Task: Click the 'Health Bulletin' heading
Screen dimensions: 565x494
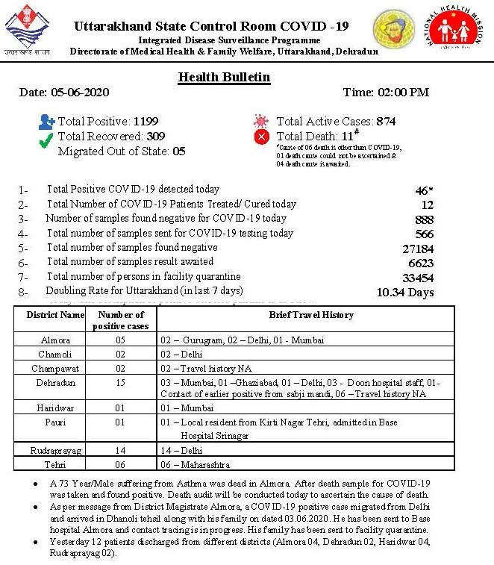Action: [224, 78]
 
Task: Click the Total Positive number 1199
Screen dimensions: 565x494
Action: [146, 121]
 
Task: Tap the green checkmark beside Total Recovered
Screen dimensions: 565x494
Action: [46, 137]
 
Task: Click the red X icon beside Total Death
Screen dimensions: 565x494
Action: [260, 137]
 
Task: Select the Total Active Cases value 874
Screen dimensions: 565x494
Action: [386, 121]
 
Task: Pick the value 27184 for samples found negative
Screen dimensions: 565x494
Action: [417, 248]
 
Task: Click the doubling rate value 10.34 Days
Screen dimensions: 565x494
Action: [405, 292]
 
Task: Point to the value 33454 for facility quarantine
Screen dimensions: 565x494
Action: [417, 278]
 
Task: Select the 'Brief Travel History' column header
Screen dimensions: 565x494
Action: [311, 315]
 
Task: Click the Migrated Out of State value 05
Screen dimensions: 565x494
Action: [178, 151]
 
